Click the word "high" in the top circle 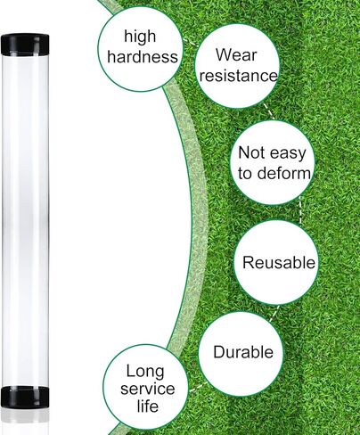point(140,37)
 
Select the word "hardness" point(143,56)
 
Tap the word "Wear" point(236,54)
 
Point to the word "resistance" point(239,76)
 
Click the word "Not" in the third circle point(251,152)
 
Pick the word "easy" point(288,153)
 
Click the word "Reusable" point(279,262)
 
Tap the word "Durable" point(243,352)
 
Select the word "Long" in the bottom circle point(145,372)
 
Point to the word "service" point(148,389)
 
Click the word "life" point(148,406)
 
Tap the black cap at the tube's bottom point(25,397)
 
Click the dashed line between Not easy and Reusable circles point(300,209)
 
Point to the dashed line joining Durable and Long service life point(198,386)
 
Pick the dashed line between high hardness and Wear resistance point(189,42)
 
